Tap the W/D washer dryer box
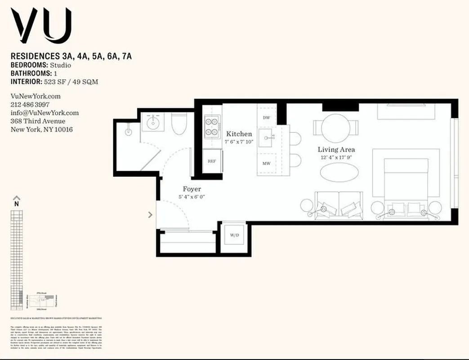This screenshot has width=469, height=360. (235, 234)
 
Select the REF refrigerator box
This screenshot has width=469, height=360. (212, 161)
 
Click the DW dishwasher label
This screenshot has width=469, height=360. (266, 117)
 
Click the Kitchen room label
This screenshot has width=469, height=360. (239, 134)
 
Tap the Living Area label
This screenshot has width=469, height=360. (336, 149)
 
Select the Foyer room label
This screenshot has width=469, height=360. (192, 189)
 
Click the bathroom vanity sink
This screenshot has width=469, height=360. (153, 122)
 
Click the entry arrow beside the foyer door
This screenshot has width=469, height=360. (150, 215)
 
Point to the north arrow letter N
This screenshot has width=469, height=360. (17, 203)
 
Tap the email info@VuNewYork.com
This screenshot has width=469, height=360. (45, 113)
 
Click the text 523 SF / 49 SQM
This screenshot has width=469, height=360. (71, 82)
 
